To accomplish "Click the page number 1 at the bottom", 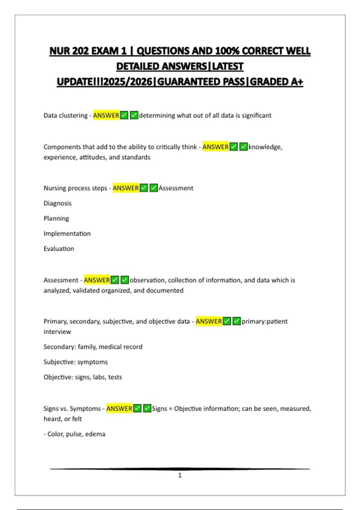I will [180, 475].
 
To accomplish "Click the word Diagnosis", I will [58, 203].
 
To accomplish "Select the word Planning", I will [56, 218].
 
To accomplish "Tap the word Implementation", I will [67, 234].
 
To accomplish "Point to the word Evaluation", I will [59, 249].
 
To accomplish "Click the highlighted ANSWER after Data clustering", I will [106, 115].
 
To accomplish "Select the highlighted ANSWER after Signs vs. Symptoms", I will [119, 409].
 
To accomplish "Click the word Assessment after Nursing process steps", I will [176, 188].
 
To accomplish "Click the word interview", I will [57, 332].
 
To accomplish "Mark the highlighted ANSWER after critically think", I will [215, 147].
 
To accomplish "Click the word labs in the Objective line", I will [99, 377].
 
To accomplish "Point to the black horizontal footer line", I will [180, 469].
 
